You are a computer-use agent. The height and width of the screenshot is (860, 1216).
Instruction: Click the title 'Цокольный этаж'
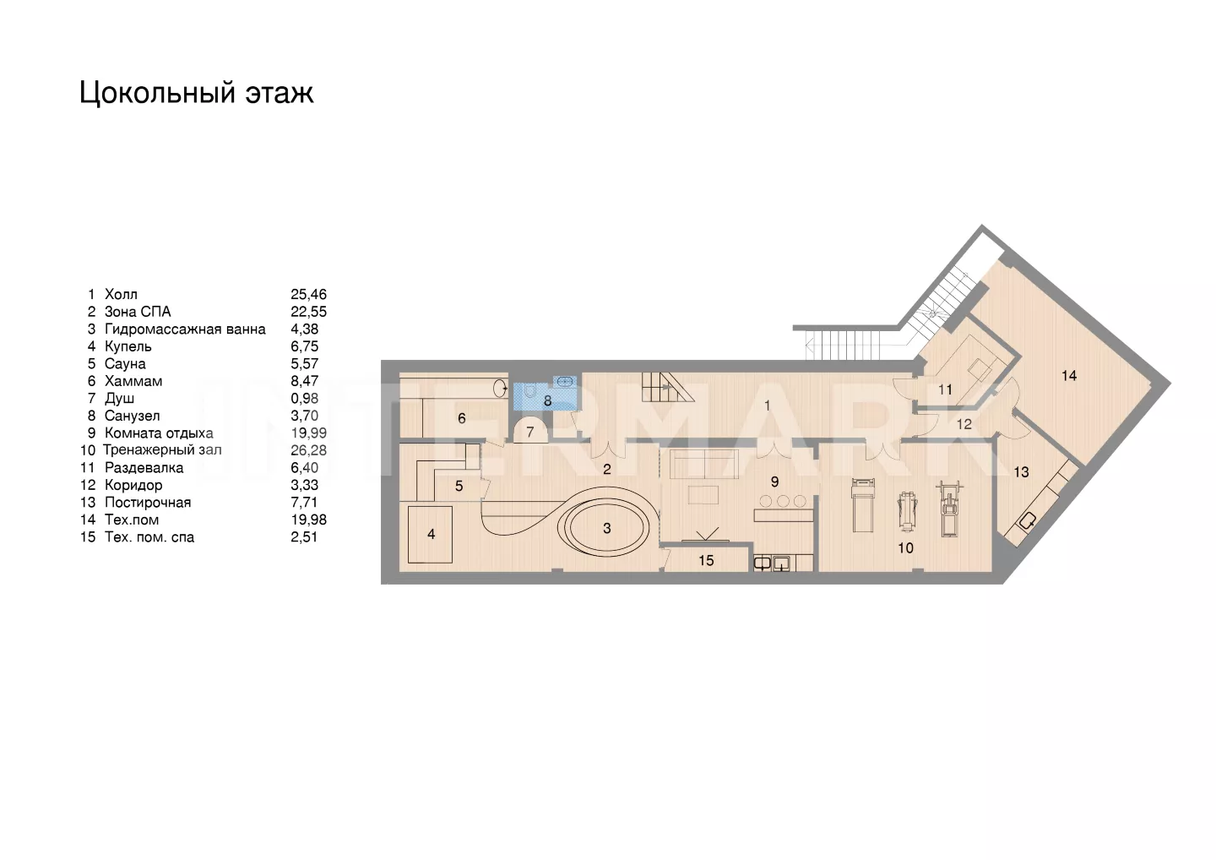197,93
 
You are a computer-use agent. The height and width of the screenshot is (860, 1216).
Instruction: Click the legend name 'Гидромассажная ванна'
185,329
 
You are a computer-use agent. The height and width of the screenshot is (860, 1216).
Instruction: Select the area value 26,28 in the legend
308,450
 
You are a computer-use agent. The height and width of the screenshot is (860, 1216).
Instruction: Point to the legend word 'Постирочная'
148,502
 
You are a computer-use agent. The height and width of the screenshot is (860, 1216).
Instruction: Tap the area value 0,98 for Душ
305,399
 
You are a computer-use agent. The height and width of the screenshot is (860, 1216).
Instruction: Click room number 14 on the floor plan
1069,375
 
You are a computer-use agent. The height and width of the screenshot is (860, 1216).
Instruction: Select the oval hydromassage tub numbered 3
606,528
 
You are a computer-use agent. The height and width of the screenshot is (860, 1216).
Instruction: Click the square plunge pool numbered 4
430,534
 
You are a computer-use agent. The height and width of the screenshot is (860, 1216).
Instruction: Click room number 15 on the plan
706,560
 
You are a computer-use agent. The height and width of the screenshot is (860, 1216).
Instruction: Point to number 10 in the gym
905,547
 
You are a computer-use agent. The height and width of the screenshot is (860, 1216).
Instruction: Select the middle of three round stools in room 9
783,501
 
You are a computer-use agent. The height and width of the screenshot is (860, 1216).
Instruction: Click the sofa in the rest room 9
703,464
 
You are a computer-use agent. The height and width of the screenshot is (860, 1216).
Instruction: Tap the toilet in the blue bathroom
530,391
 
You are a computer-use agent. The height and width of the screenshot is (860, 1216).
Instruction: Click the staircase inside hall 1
668,387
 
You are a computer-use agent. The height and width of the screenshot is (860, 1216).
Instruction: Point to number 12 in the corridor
964,424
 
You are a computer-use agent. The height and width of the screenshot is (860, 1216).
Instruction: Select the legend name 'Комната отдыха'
159,433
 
